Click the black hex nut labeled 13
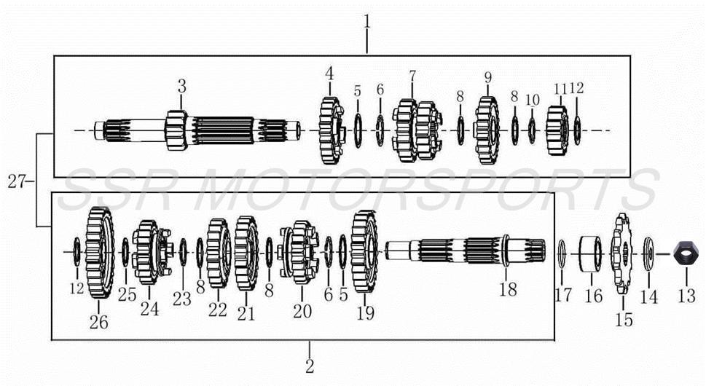tap(686, 254)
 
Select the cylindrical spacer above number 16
tap(590, 254)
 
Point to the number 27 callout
tap(17, 182)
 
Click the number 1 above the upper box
tap(367, 22)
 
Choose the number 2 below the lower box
tap(310, 366)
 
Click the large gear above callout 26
tap(100, 253)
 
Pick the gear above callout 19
tap(365, 251)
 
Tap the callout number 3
tap(181, 86)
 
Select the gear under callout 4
tap(331, 130)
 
